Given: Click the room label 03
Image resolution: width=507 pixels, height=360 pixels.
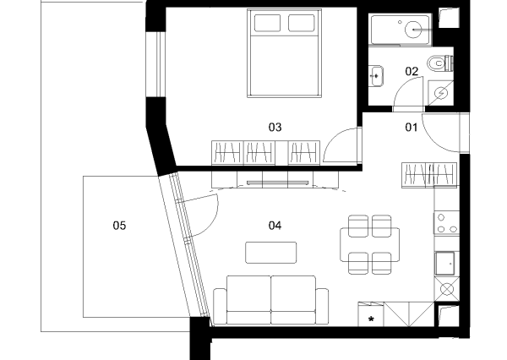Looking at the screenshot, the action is [x=275, y=127].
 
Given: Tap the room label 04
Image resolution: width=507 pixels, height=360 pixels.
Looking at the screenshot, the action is [x=275, y=225].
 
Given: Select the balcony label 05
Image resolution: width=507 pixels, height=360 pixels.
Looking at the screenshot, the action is [x=119, y=225].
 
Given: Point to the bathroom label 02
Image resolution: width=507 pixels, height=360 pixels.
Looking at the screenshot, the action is [x=412, y=71].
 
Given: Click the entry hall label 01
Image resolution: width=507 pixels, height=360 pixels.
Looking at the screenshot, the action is [x=412, y=127].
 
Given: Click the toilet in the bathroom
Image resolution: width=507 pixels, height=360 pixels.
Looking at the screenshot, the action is [x=440, y=63].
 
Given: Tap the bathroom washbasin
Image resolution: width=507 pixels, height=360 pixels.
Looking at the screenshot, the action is [x=376, y=76].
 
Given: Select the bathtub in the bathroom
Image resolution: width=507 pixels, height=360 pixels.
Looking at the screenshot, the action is [x=401, y=30].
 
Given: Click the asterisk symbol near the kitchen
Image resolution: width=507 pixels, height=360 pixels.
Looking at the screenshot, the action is [x=371, y=319].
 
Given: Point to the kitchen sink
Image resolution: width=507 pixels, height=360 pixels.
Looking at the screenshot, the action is [x=445, y=264].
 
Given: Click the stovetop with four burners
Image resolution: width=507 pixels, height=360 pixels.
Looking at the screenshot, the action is [x=446, y=223].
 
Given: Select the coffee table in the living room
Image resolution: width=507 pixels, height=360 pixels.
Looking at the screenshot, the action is [x=271, y=253].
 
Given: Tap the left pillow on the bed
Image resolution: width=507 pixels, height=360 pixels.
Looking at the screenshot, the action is [x=267, y=23].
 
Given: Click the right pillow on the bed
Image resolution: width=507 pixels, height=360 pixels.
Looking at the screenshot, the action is [x=302, y=23].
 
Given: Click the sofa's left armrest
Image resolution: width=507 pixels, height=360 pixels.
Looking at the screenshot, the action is [x=220, y=306].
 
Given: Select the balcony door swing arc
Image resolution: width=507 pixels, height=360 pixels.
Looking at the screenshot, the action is [x=214, y=220].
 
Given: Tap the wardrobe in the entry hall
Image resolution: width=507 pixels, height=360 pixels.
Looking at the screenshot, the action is [x=429, y=175].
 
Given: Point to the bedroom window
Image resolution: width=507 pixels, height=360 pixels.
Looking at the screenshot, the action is [x=159, y=64].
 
